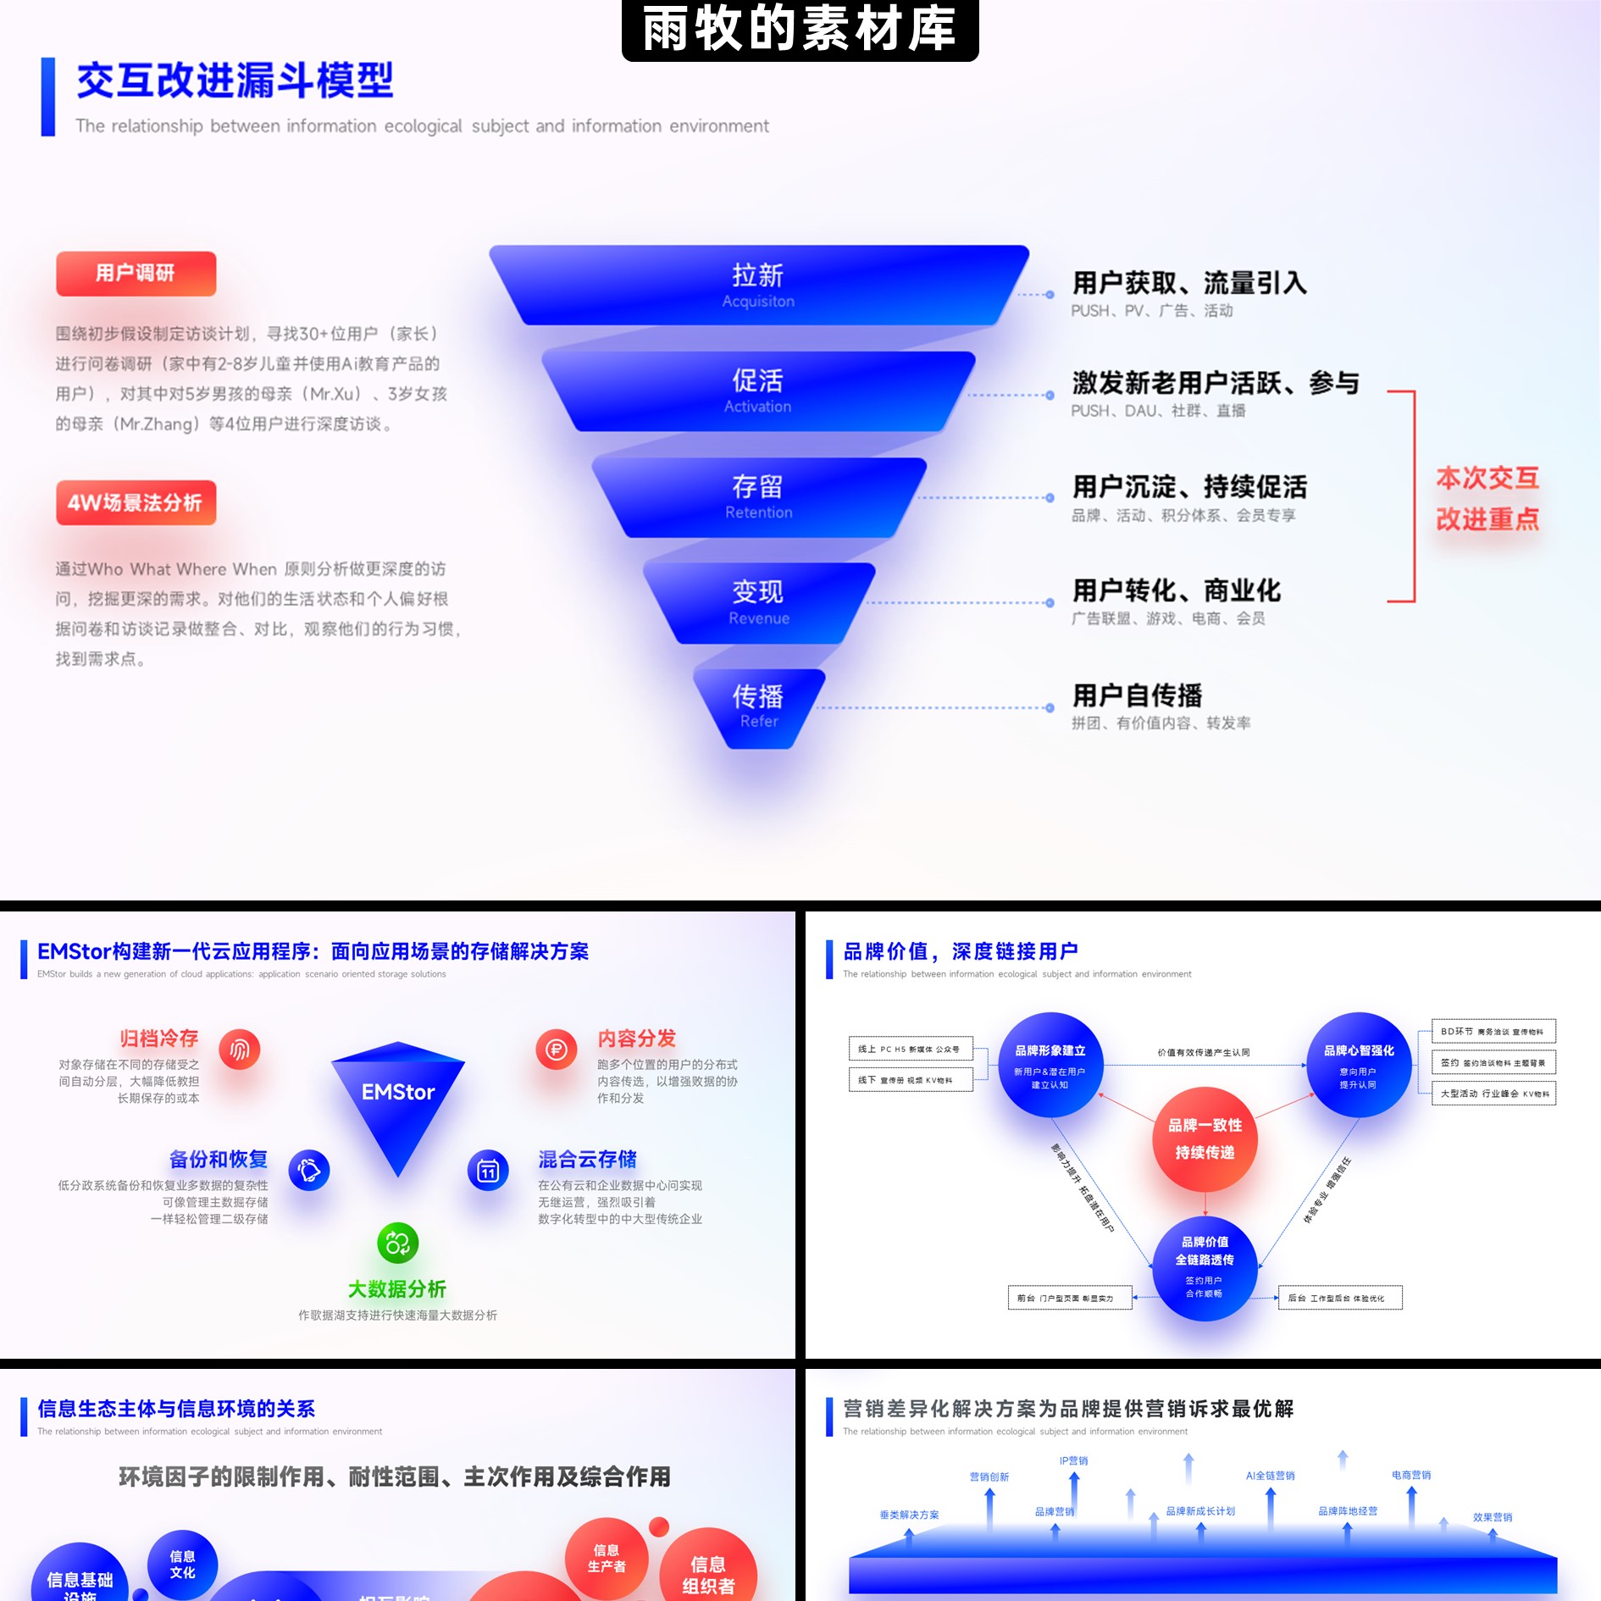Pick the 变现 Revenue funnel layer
coord(758,602)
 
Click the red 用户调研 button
coord(136,274)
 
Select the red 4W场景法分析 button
coord(136,503)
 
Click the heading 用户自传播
coord(1137,695)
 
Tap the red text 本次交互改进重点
coord(1487,498)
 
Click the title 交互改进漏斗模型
coord(235,81)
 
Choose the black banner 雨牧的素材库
coord(800,29)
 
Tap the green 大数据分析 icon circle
coord(397,1244)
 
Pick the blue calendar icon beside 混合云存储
coord(488,1171)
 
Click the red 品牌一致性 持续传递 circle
coord(1205,1138)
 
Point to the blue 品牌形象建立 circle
coord(1050,1065)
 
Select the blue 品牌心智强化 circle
coord(1359,1065)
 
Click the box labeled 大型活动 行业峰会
coord(1493,1094)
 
